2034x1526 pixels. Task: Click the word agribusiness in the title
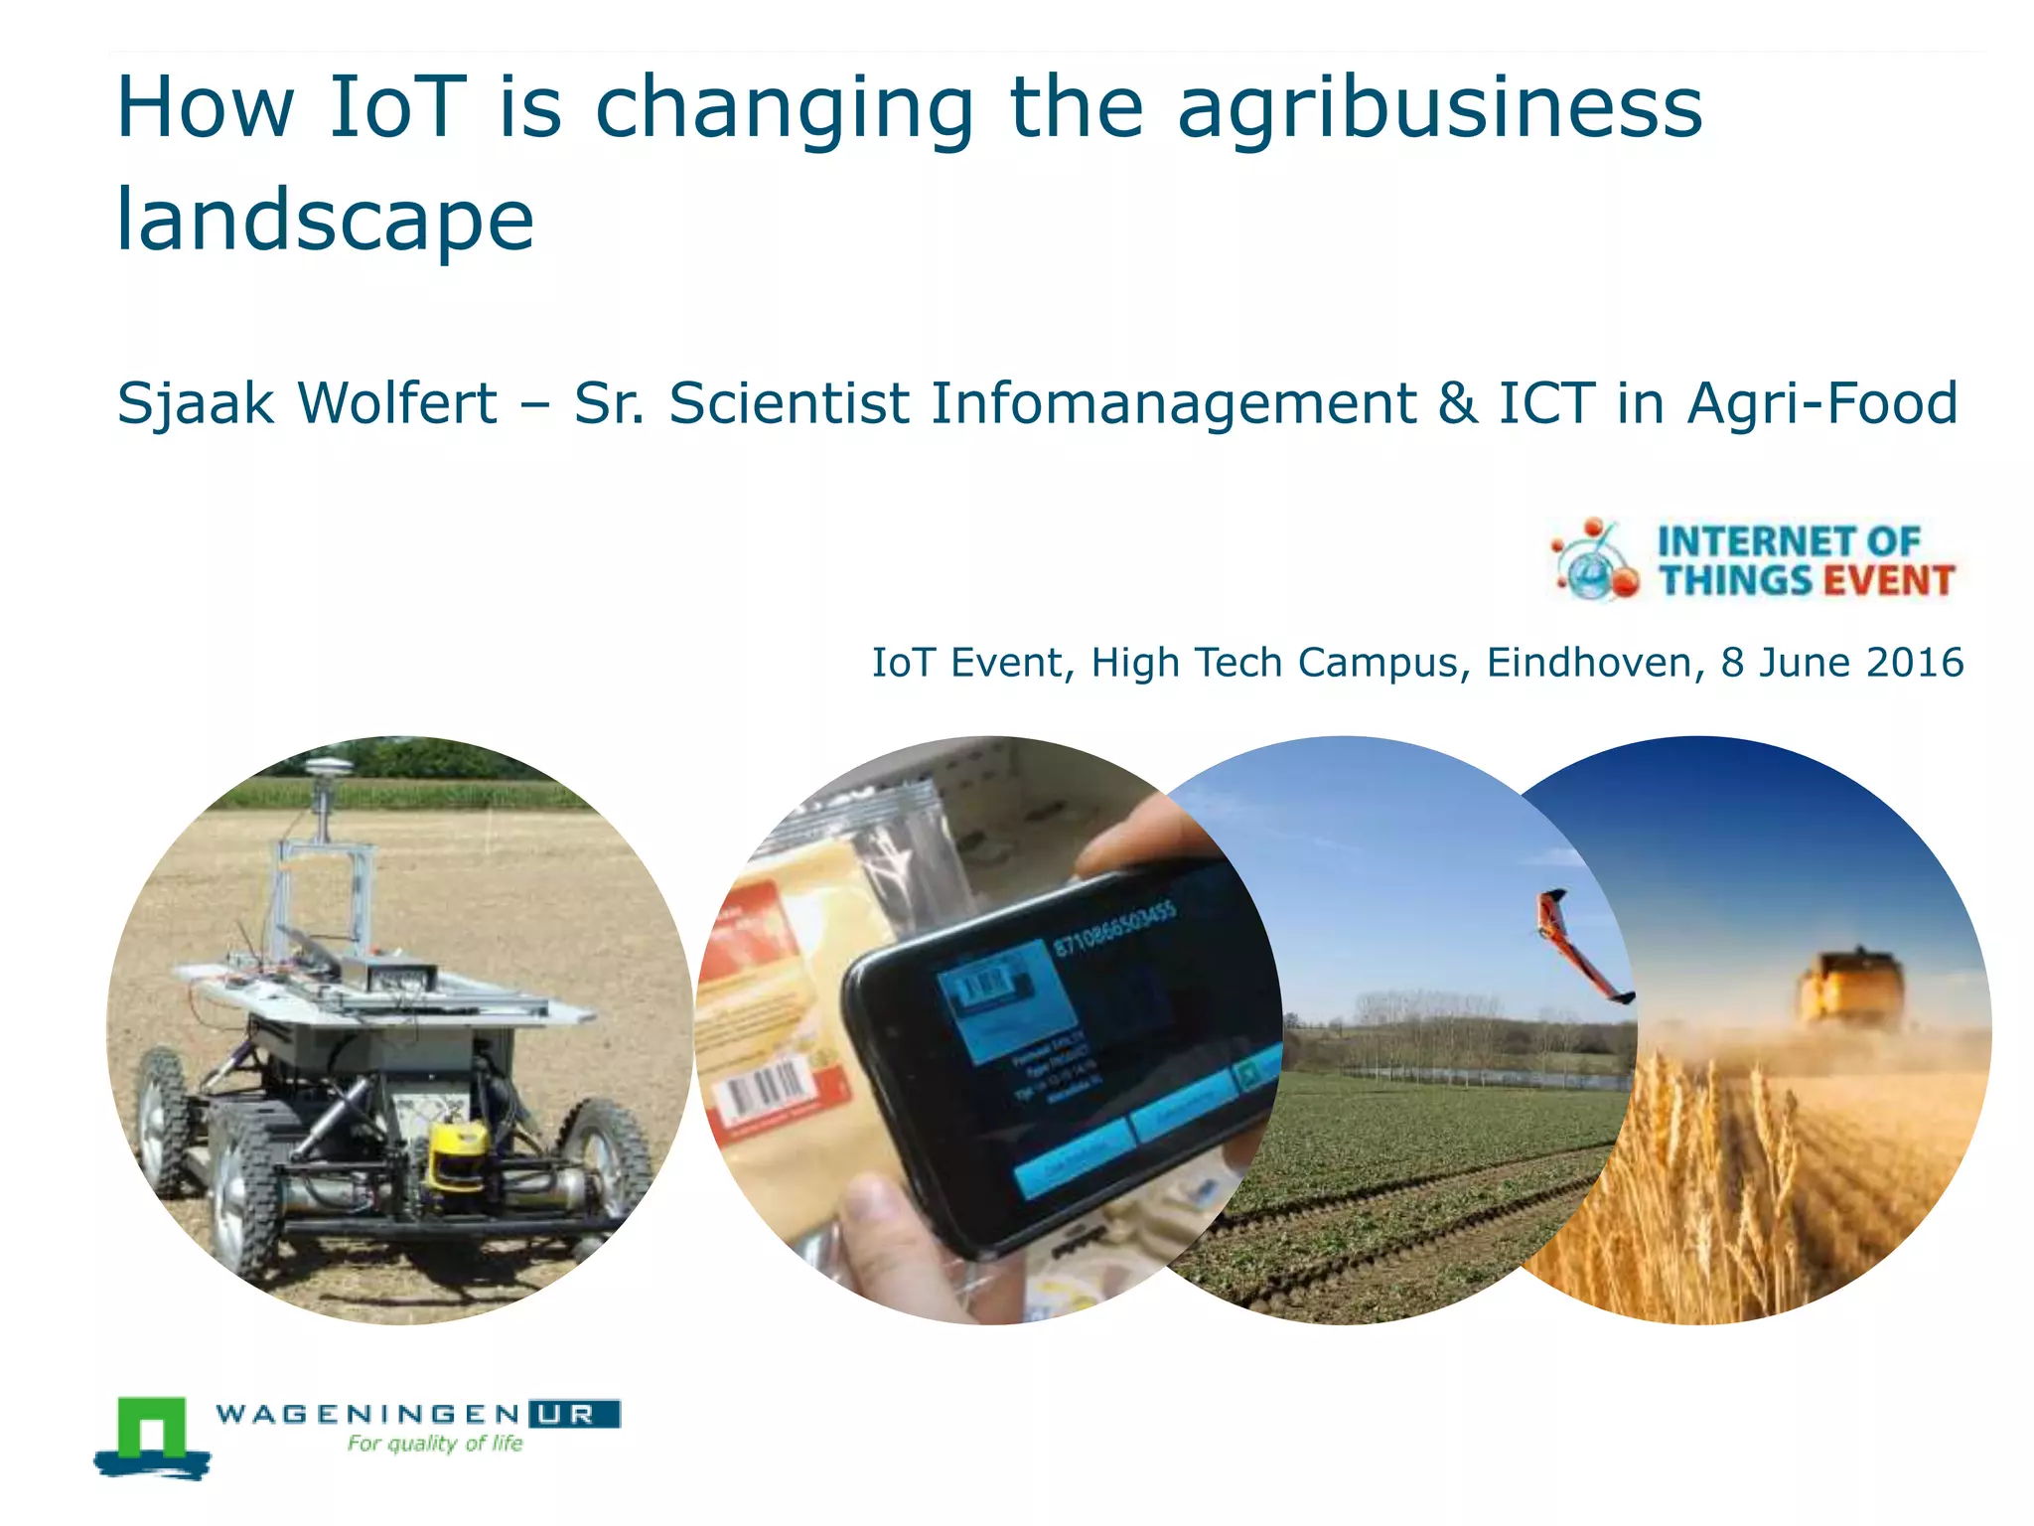pos(1439,109)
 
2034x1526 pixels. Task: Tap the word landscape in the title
pos(325,220)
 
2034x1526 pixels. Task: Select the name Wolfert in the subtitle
pos(396,403)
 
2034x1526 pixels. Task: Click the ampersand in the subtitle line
pos(1456,403)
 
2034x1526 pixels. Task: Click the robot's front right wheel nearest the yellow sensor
pos(606,1157)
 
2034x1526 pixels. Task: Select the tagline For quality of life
pos(435,1444)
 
